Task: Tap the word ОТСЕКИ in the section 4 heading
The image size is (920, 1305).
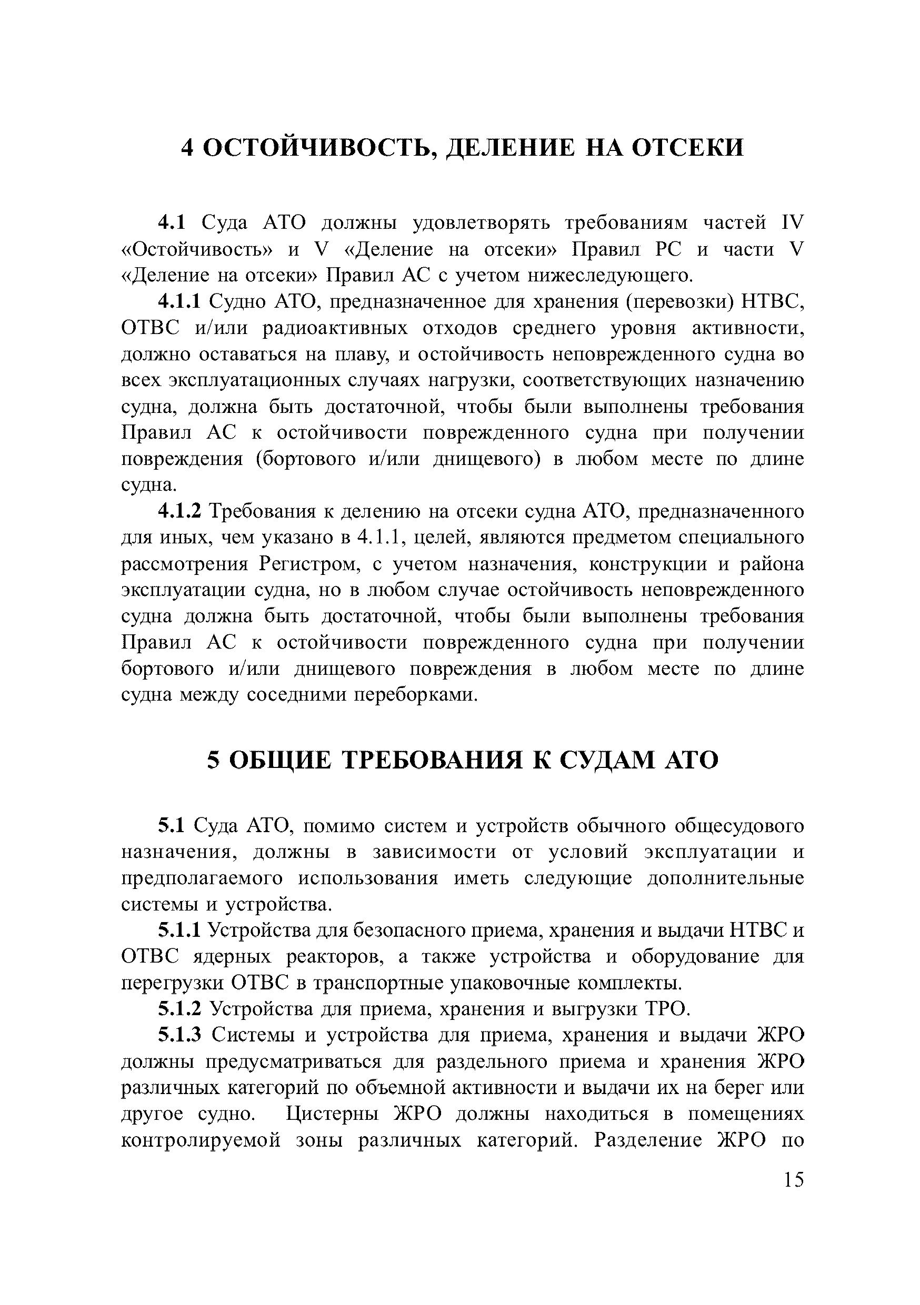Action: coord(688,148)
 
